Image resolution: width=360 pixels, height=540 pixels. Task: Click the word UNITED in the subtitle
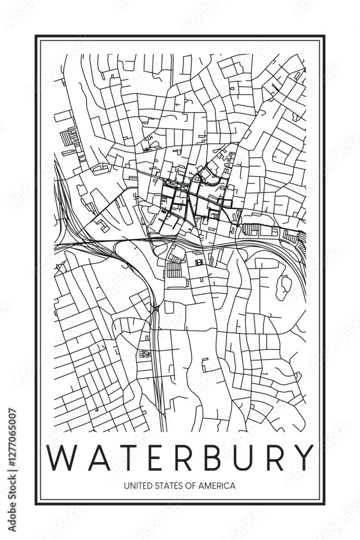coord(137,485)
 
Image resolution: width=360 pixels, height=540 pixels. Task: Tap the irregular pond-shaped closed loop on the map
coord(284,287)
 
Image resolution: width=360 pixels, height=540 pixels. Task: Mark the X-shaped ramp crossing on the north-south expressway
coord(155,308)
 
